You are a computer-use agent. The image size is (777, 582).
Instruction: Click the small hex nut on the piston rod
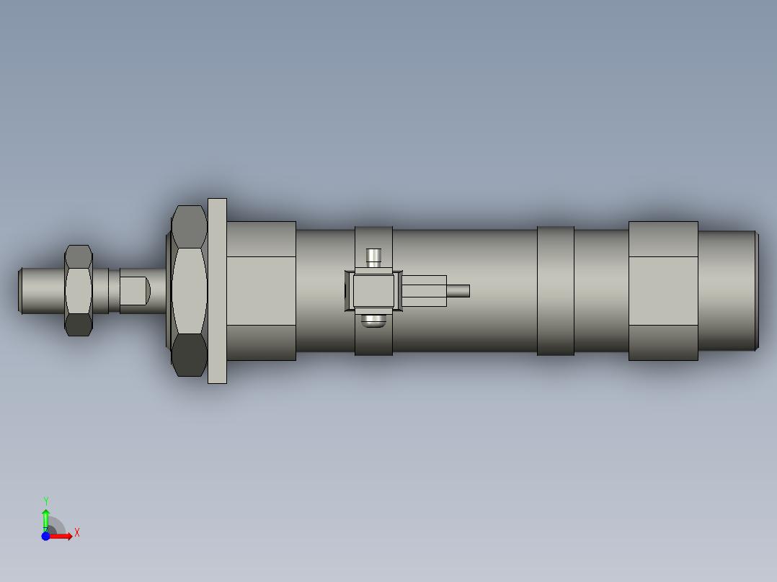[x=79, y=290]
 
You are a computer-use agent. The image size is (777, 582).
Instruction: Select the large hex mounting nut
[x=189, y=290]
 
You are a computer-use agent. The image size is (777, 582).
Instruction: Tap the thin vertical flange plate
[x=217, y=290]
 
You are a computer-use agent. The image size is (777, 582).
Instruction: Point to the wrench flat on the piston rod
[x=134, y=290]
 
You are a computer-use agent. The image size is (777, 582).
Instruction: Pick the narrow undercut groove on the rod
[x=114, y=290]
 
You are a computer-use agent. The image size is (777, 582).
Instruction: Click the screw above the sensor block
[x=373, y=257]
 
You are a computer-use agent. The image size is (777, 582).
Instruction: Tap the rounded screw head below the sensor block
[x=373, y=321]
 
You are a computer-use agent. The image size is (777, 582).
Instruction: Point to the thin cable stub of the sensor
[x=458, y=291]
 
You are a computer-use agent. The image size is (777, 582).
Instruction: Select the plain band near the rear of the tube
[x=555, y=290]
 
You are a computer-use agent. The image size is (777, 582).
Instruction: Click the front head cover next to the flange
[x=261, y=290]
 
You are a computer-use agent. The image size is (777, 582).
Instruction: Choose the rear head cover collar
[x=663, y=290]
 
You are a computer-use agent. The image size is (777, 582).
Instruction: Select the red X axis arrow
[x=62, y=537]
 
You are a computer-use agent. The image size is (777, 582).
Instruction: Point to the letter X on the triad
[x=77, y=533]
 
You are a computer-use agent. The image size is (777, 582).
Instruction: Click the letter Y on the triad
[x=45, y=501]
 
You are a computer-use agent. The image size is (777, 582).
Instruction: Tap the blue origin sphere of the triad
[x=45, y=537]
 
